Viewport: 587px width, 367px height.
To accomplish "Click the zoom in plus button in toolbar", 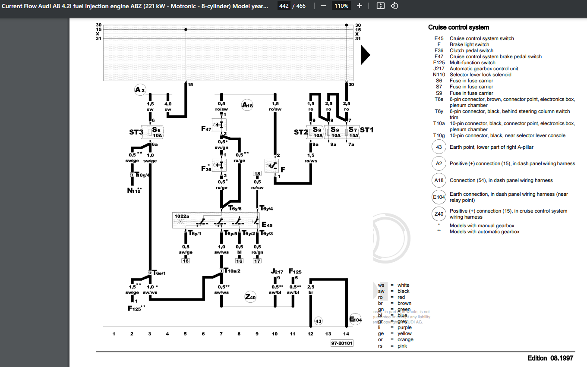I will click(x=360, y=6).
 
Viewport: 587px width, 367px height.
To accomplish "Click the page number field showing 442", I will click(x=284, y=6).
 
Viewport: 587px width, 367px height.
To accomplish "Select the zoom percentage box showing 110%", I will click(x=341, y=6).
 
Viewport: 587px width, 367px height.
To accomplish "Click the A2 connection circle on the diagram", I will click(x=140, y=90).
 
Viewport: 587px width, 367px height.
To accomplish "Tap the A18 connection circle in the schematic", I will click(x=247, y=105).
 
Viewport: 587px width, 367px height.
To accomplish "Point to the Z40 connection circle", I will click(x=250, y=297).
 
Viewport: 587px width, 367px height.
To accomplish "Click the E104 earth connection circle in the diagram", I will click(x=355, y=319).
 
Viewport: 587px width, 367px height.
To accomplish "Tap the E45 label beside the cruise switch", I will click(x=267, y=225).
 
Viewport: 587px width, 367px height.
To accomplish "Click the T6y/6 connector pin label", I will click(x=235, y=208).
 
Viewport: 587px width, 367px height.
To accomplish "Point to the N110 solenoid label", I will click(x=134, y=191).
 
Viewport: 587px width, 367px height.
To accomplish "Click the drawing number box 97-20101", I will click(x=342, y=343).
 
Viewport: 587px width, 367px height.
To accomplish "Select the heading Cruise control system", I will click(x=458, y=27).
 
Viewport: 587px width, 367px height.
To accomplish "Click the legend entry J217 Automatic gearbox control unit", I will click(x=483, y=69).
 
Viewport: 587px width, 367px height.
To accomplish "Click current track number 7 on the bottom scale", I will click(x=221, y=334).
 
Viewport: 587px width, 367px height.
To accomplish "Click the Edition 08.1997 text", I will click(x=550, y=358).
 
